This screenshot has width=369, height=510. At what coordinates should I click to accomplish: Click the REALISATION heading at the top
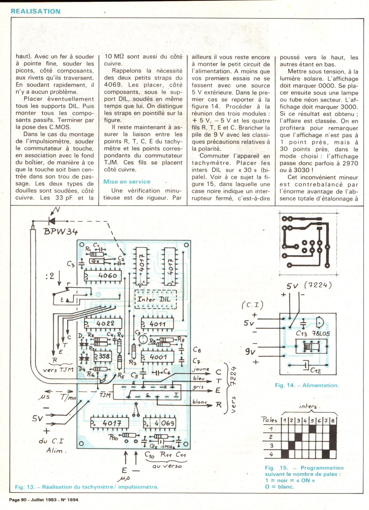point(35,11)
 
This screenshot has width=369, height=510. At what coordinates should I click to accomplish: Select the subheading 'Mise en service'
point(127,181)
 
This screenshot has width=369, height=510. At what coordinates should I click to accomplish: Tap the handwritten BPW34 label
point(61,232)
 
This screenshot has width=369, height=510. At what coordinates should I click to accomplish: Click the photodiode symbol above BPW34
point(51,220)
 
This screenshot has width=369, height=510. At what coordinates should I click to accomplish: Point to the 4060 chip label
point(107,276)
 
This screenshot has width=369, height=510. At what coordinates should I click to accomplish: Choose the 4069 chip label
point(163,423)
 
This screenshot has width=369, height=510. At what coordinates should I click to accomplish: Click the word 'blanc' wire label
point(200,402)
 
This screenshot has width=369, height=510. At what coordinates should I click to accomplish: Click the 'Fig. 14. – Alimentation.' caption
point(307,385)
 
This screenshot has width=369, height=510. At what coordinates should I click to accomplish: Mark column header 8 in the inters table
point(333,420)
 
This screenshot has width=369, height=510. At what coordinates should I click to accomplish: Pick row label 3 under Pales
point(271,446)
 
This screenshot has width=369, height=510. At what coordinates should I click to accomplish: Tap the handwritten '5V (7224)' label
point(309,286)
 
